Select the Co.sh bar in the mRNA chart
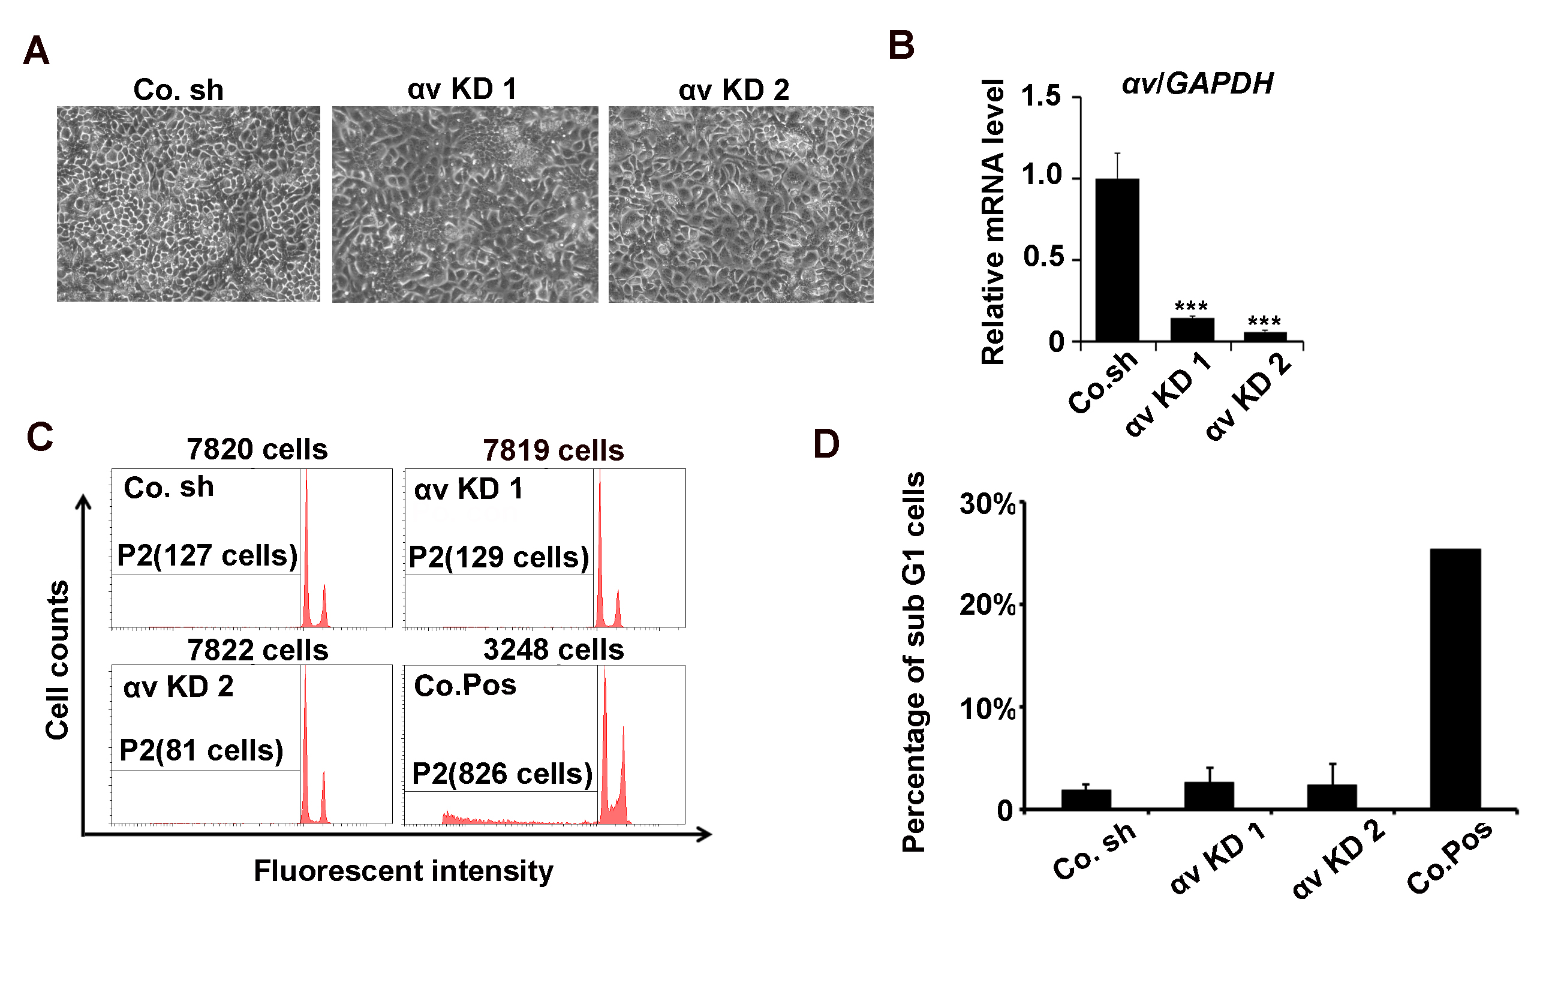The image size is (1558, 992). [x=1117, y=260]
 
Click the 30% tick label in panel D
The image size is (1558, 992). [x=987, y=503]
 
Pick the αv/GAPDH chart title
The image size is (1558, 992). [x=1198, y=83]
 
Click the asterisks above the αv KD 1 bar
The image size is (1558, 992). [x=1191, y=305]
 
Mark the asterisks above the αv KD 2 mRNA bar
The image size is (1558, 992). [x=1264, y=321]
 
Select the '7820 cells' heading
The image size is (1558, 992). [x=257, y=449]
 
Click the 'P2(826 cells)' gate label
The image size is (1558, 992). [x=502, y=774]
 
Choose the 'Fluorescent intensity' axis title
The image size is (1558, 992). [x=403, y=871]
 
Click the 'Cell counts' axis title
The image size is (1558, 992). [x=57, y=660]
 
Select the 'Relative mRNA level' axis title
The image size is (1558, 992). [x=992, y=222]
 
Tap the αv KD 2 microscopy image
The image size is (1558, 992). [x=741, y=205]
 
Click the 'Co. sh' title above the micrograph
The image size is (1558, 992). [x=179, y=90]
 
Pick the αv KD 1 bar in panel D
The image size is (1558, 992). [x=1209, y=795]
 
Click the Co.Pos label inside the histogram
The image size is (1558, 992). [x=465, y=686]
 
